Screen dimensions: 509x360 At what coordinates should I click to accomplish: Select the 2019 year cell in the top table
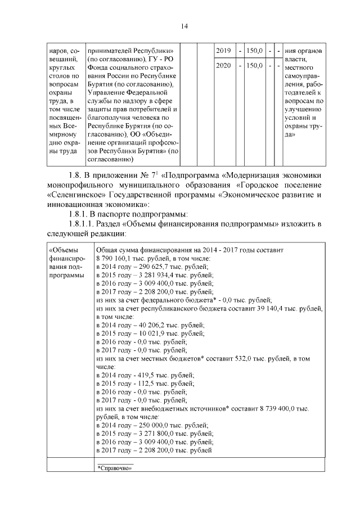click(x=224, y=51)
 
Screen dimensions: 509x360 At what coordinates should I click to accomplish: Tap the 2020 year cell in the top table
click(x=224, y=66)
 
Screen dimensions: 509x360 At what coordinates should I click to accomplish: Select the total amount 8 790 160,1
click(x=117, y=258)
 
